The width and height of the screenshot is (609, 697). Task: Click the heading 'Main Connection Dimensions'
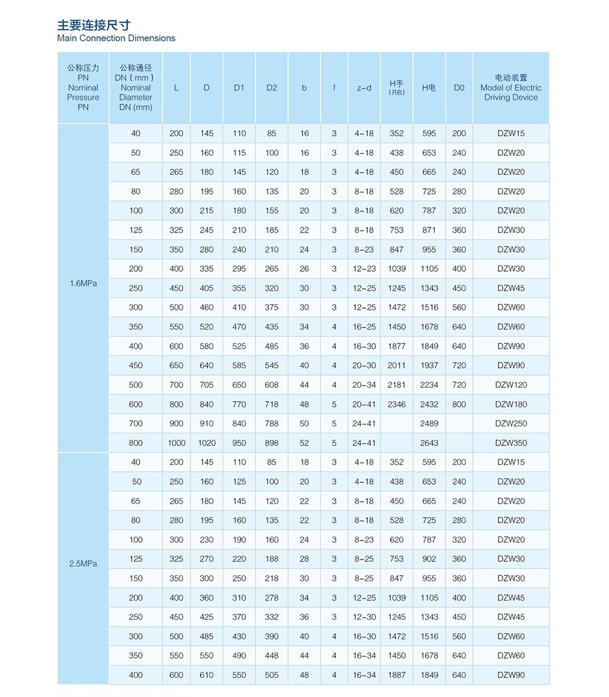click(x=116, y=38)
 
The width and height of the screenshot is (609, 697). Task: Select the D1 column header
click(x=239, y=88)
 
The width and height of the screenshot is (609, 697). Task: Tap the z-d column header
click(x=364, y=88)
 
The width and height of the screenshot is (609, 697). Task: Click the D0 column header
click(x=459, y=88)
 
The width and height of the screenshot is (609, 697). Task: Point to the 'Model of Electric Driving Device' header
click(x=511, y=88)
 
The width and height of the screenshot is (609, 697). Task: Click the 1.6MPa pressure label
click(x=83, y=284)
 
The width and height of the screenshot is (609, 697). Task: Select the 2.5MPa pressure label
click(x=83, y=563)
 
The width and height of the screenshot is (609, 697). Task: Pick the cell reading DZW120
click(x=511, y=385)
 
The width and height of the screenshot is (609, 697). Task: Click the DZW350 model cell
click(x=511, y=443)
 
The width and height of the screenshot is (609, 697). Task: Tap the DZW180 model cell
click(x=511, y=404)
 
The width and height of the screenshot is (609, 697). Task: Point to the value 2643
click(x=429, y=443)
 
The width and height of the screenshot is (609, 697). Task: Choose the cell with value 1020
click(x=206, y=443)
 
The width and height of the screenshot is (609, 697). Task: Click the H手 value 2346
click(x=396, y=404)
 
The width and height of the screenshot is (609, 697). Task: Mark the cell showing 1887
click(x=396, y=675)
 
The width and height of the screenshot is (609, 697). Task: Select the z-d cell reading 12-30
click(x=364, y=617)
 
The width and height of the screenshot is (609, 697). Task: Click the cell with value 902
click(x=429, y=559)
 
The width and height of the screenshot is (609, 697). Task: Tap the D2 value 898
click(x=272, y=443)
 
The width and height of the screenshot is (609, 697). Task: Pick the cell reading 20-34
click(x=364, y=385)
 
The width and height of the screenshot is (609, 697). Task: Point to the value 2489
click(x=429, y=423)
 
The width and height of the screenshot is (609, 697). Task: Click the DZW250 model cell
click(x=511, y=423)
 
